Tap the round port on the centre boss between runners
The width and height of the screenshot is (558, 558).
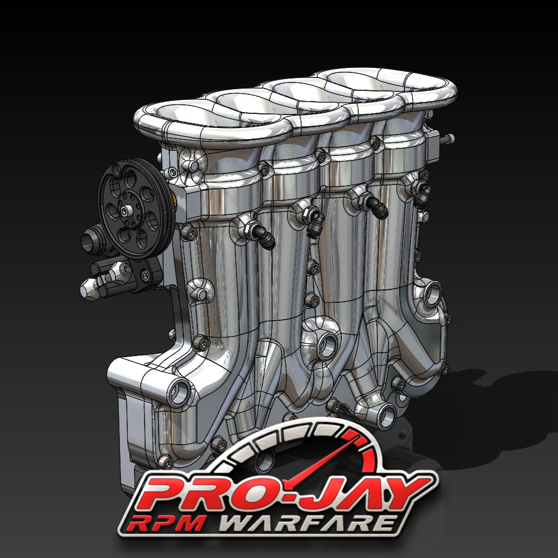[x=325, y=347]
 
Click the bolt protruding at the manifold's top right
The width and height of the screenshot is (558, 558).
[x=449, y=138]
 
